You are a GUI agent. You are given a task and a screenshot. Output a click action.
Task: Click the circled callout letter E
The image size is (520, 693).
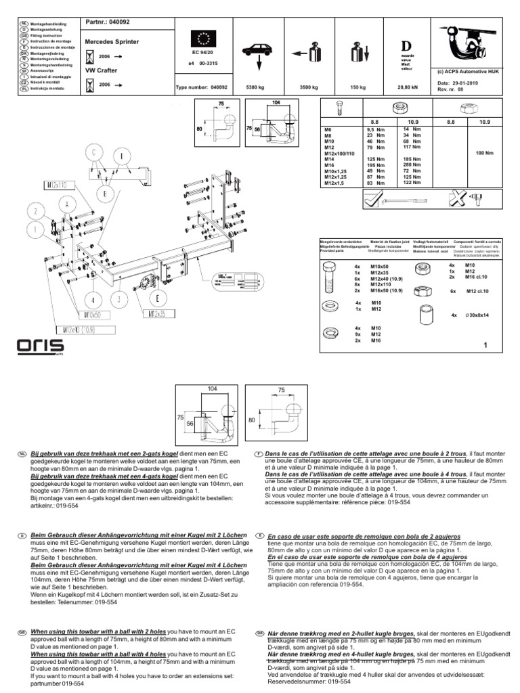158,298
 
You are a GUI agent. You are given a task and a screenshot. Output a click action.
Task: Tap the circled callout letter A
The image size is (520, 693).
68,204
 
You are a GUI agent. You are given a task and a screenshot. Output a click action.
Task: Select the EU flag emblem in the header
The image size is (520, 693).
204,36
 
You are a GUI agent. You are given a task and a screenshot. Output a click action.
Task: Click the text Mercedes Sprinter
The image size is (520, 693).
112,42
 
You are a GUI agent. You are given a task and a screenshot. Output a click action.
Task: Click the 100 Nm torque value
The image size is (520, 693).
485,153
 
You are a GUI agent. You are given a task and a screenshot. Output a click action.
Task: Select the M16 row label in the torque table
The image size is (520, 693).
330,164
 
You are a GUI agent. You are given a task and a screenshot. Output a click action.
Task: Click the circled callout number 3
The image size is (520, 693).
118,298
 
